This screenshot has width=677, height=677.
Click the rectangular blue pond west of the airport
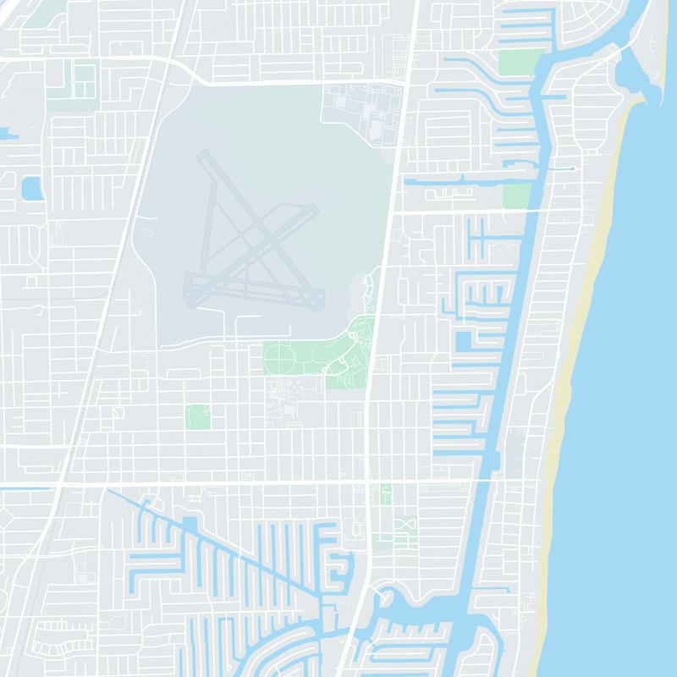(32, 187)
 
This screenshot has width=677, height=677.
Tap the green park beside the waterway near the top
(520, 61)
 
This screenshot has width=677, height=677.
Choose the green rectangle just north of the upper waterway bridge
(516, 195)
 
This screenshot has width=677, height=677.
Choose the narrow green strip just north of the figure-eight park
(387, 494)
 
